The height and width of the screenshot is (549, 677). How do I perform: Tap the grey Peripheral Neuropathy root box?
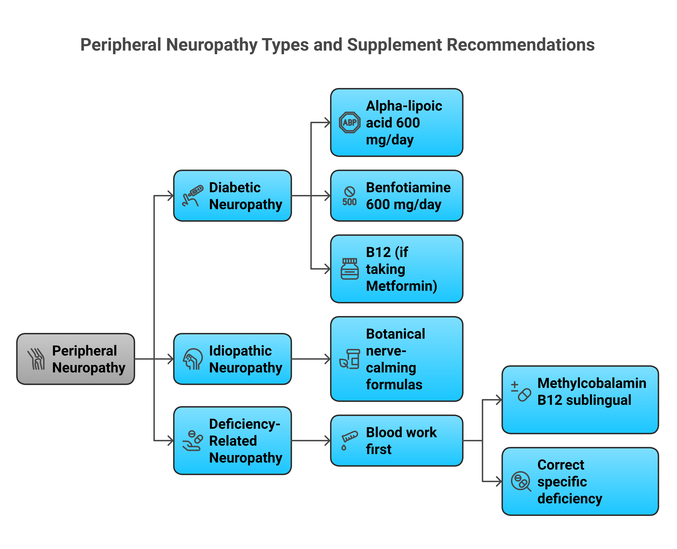point(76,359)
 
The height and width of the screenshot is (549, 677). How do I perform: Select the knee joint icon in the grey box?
point(36,359)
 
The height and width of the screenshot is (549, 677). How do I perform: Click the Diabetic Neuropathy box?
point(232,196)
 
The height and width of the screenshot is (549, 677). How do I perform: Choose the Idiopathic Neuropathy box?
point(232,359)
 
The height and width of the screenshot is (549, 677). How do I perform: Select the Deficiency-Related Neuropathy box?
point(232,441)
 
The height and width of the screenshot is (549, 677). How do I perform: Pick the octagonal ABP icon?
point(349,122)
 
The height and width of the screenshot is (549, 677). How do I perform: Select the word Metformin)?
point(402,286)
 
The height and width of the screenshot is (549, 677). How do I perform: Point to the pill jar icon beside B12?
point(349,269)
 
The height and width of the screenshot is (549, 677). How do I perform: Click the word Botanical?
point(395,334)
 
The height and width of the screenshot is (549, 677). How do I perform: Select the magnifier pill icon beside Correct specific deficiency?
point(520,481)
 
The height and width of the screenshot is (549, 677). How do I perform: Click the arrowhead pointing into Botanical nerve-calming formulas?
point(328,359)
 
